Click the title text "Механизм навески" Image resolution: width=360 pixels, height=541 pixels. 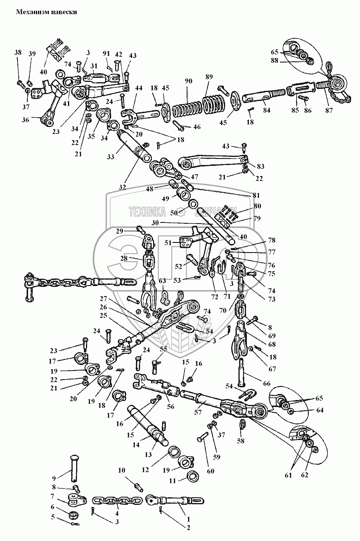(46, 12)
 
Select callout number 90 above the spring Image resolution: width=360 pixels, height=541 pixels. (188, 81)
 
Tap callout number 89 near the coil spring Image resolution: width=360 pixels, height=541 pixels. (209, 77)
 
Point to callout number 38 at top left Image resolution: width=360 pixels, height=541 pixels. (18, 52)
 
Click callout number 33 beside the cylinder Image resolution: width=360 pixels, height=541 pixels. (110, 157)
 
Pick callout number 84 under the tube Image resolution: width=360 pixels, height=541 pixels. (267, 110)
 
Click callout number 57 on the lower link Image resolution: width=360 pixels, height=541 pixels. (198, 412)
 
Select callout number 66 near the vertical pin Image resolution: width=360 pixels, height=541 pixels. (267, 384)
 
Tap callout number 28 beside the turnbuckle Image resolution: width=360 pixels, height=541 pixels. (124, 258)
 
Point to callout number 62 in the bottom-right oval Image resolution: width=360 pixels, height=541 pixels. (305, 475)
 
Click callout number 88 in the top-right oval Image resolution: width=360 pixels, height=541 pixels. (275, 60)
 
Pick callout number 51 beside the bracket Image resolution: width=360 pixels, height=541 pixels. (168, 243)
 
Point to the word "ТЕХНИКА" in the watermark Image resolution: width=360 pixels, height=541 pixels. (148, 212)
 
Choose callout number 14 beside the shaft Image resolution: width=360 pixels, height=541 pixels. (136, 445)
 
